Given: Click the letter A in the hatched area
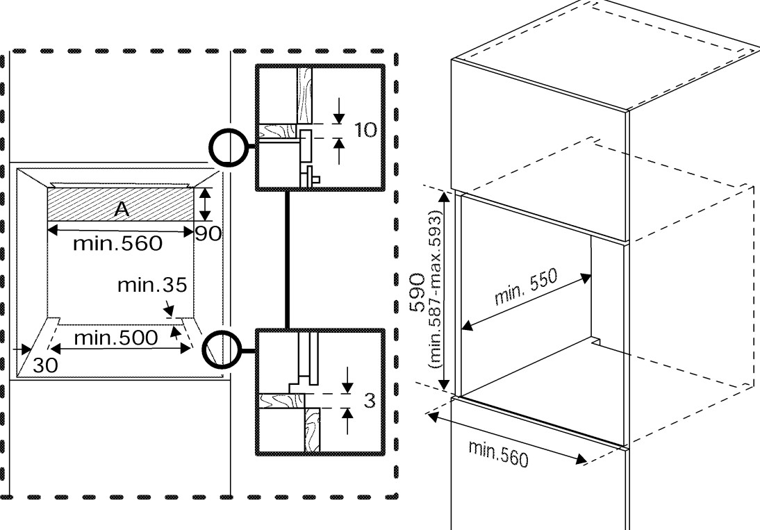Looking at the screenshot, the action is click(122, 209).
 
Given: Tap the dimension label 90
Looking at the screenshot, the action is click(208, 234).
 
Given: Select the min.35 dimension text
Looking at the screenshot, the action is click(152, 285).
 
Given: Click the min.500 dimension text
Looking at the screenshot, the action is click(116, 338).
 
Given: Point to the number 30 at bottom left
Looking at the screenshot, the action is click(45, 365).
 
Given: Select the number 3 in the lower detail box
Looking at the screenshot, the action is click(370, 401).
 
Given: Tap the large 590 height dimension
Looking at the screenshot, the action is click(418, 292).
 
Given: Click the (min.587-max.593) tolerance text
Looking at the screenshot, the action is click(436, 290).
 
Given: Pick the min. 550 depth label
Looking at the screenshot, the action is click(526, 287).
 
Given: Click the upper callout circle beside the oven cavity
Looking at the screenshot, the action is click(228, 147).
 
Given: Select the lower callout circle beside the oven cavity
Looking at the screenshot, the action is click(221, 350).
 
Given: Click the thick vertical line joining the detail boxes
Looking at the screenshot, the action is click(288, 260).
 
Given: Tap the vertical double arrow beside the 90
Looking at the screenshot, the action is click(206, 205).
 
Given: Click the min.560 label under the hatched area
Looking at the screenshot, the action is click(118, 243).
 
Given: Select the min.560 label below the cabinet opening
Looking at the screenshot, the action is click(498, 455).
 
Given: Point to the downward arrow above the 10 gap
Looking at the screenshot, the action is click(339, 111).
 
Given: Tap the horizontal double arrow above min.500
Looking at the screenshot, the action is click(120, 349).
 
